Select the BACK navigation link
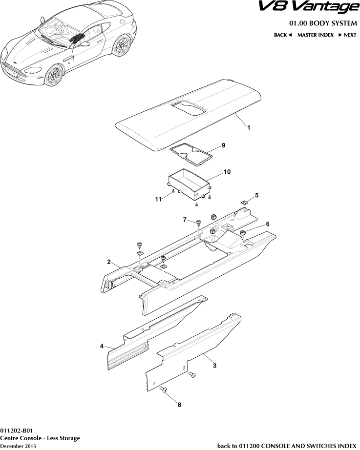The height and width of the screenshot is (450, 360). click(282, 35)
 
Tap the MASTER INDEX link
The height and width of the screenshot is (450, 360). click(315, 35)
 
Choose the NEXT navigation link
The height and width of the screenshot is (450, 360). click(347, 35)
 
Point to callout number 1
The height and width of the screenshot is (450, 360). click(248, 128)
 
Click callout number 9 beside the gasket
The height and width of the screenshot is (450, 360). click(223, 145)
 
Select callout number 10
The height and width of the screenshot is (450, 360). click(227, 172)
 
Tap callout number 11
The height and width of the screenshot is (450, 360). click(158, 199)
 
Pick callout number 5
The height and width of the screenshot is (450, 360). click(257, 195)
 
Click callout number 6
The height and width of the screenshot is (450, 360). click(267, 224)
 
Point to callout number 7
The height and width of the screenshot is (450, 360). click(185, 220)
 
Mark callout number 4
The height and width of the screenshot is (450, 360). click(102, 346)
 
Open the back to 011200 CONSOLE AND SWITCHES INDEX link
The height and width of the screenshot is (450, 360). click(286, 446)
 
